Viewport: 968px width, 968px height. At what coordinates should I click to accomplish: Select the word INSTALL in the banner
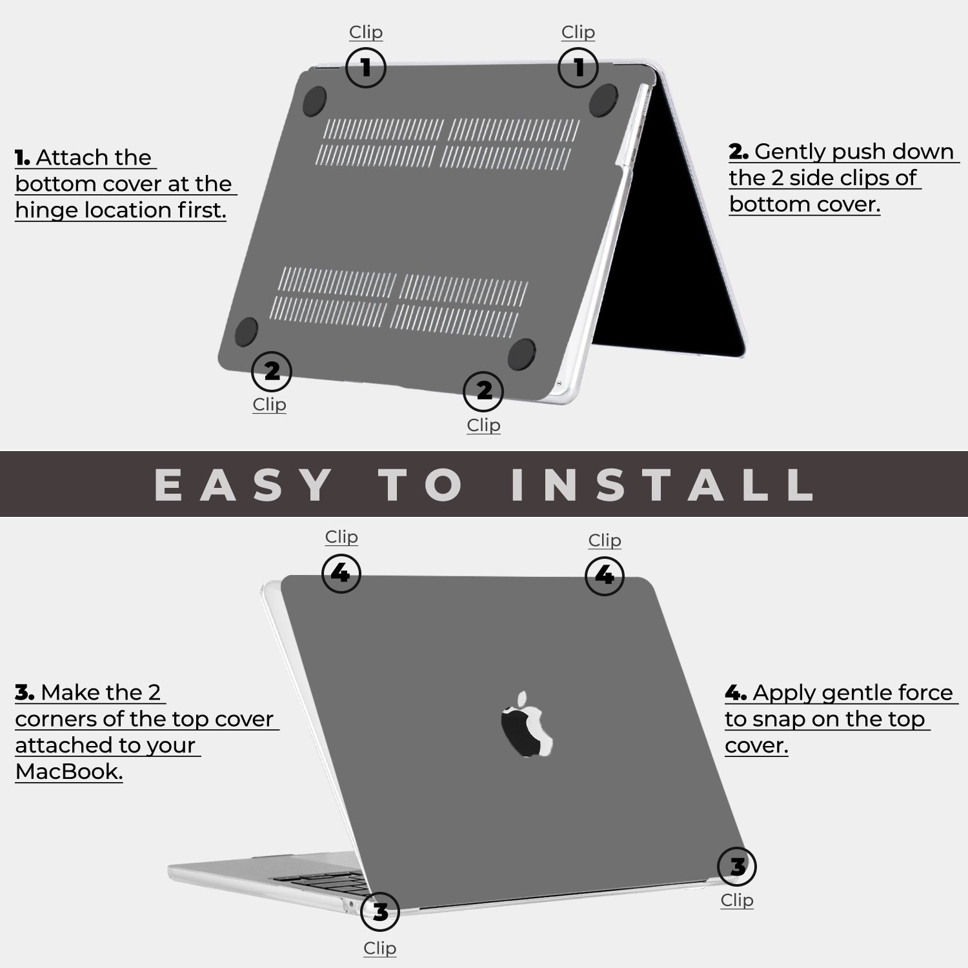662,485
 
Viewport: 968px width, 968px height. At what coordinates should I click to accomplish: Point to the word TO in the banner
421,485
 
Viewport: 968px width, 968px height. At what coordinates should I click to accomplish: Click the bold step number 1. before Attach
23,157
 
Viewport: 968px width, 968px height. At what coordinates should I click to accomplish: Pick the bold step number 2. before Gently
738,152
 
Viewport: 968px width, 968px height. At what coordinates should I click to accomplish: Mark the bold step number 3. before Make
25,693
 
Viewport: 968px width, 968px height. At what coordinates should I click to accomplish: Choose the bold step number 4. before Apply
736,693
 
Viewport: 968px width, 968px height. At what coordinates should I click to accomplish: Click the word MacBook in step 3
68,771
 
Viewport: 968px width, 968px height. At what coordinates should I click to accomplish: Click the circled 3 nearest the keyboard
380,912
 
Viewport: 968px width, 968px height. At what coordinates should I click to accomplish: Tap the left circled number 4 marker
341,573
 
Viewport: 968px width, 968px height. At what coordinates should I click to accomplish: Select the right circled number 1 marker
578,67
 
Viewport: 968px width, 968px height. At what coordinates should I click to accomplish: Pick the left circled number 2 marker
272,371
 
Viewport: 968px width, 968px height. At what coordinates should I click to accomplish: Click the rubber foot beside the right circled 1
604,100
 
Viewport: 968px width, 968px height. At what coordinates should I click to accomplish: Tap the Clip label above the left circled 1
366,32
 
